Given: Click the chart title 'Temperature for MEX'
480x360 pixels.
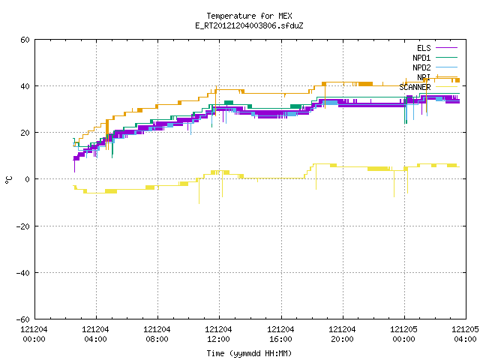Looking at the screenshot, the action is coord(249,16).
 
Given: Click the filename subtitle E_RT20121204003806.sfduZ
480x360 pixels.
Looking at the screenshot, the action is coord(249,25).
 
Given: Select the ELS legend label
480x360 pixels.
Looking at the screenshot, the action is coord(424,48).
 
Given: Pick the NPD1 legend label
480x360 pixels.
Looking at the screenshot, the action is coord(421,58).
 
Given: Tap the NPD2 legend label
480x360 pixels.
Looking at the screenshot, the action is coord(421,67).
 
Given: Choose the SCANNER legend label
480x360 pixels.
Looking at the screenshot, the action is coord(415,87).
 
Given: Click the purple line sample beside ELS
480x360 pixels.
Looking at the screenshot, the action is coord(447,48).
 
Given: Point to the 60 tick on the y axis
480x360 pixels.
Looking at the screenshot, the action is coord(25,40).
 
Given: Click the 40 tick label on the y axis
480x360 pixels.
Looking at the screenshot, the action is coord(25,86).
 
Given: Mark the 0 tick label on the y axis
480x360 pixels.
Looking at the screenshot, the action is coord(28,179).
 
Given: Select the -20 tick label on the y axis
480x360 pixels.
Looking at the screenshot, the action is coord(23,226).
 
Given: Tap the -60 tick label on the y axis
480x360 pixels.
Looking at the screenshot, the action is coord(23,319).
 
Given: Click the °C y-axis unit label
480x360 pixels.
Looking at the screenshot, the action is coord(8,180).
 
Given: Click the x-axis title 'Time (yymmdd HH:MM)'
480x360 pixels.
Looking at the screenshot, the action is coord(249,353).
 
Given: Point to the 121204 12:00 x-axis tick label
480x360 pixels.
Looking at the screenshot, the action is coord(218,334).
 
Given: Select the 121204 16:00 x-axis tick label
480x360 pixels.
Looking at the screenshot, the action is coord(280,334).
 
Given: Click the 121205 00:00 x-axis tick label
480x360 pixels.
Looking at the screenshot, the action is coord(403,334).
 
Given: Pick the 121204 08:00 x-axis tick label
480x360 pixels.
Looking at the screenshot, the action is coord(157,334).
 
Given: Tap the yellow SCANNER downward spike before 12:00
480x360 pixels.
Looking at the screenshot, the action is coord(199,191).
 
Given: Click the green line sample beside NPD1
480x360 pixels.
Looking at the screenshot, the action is coord(447,58).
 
